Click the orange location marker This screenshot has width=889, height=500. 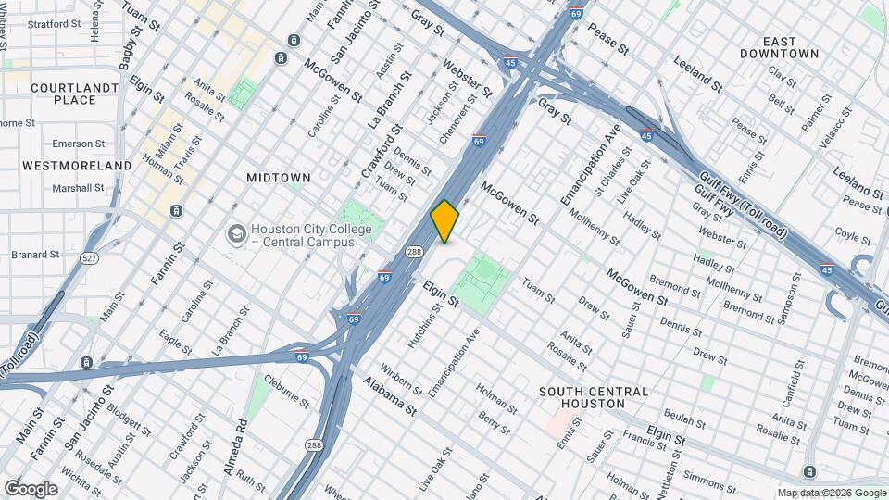[x=444, y=221]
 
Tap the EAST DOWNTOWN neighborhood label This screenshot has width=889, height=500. [x=779, y=47]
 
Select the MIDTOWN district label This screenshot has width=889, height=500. [x=278, y=177]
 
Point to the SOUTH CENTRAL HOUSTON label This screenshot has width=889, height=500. [x=594, y=397]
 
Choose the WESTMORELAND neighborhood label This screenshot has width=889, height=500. [x=77, y=165]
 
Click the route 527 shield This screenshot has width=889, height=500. [x=89, y=257]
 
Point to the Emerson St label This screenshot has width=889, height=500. [x=78, y=144]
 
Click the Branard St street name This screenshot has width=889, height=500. [x=34, y=254]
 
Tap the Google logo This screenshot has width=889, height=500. [x=31, y=489]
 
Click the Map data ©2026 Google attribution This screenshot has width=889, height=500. [x=832, y=493]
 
